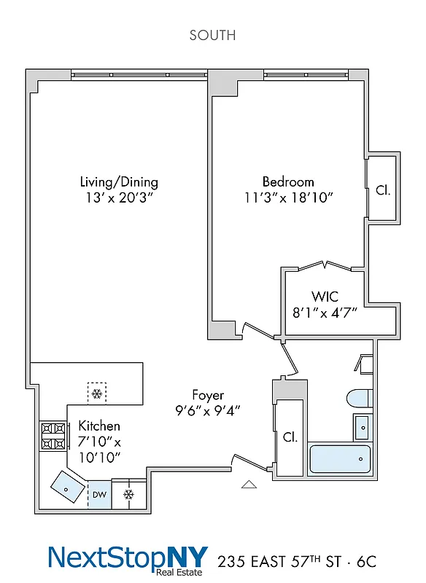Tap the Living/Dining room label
[119, 182]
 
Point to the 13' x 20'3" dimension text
[119, 197]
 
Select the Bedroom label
[288, 181]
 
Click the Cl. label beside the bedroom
[382, 191]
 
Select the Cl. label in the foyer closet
[290, 437]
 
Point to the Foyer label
[208, 395]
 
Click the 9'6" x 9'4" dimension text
[208, 410]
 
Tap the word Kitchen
[99, 426]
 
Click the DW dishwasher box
[98, 495]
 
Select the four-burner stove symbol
[53, 436]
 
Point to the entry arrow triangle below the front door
[249, 483]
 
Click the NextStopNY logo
[128, 559]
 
